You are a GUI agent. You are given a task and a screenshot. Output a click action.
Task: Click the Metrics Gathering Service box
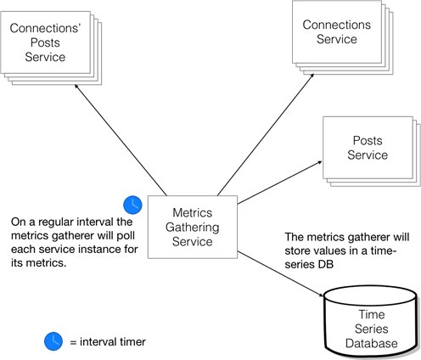(x=192, y=227)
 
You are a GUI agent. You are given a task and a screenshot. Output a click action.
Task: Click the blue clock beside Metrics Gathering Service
(x=132, y=205)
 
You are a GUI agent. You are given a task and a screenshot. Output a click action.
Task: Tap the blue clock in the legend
(x=53, y=341)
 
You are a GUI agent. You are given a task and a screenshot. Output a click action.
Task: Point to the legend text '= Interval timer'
(x=107, y=342)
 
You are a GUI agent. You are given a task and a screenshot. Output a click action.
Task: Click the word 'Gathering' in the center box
(x=192, y=227)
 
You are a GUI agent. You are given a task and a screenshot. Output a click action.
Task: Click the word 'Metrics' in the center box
(x=192, y=212)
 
